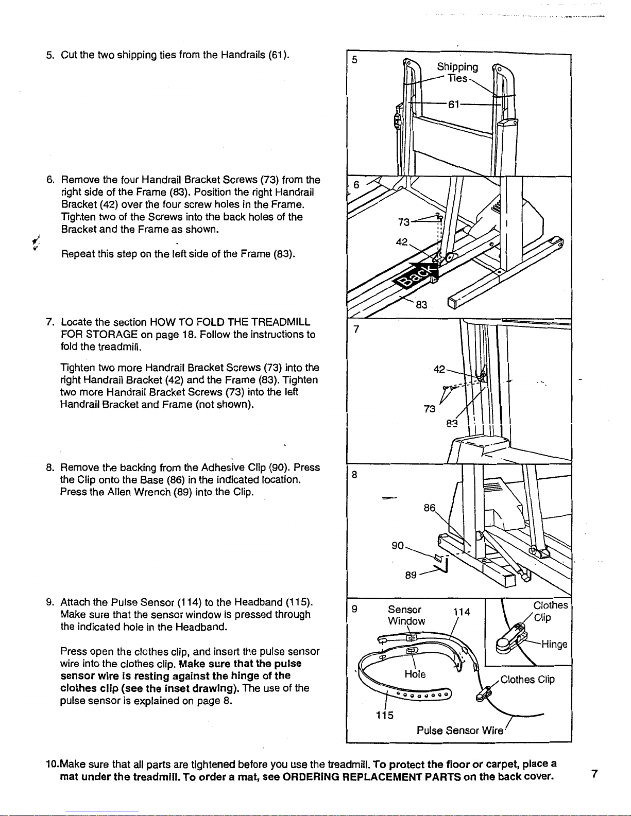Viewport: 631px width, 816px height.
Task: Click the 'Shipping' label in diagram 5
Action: pos(457,67)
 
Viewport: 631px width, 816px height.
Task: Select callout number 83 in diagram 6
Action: pos(421,305)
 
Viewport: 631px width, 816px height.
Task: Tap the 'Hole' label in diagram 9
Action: pos(415,674)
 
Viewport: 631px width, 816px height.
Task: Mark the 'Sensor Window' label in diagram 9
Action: pos(406,615)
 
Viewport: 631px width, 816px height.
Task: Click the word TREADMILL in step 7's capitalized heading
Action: pos(281,322)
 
